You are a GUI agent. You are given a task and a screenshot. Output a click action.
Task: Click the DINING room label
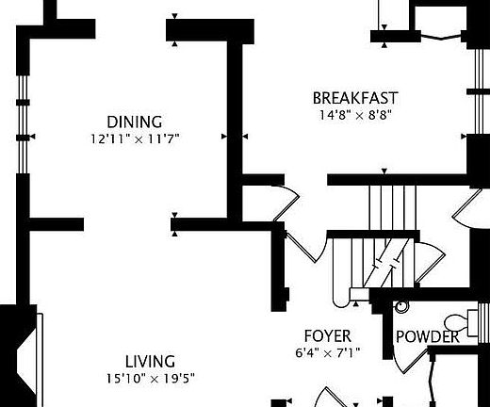(x=135, y=122)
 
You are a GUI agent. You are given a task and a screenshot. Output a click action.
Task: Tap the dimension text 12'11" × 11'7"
(x=135, y=138)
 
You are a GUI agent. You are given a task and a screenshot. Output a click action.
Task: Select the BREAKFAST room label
(x=355, y=98)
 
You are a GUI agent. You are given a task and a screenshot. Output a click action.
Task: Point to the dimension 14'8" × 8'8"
(x=356, y=115)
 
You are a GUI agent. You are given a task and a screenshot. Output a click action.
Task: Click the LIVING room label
(x=150, y=362)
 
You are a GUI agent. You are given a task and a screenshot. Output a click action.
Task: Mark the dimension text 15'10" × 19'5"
(x=151, y=379)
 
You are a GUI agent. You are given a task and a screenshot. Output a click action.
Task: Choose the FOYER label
(x=328, y=336)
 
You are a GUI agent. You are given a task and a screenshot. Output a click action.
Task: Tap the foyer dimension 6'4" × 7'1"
(x=328, y=353)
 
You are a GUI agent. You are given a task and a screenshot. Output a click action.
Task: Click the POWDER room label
(x=428, y=336)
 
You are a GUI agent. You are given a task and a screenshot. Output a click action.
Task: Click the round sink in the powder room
(x=401, y=306)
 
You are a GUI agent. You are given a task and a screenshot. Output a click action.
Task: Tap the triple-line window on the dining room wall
(x=23, y=124)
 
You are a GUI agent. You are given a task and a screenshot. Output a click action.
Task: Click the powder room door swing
(x=411, y=361)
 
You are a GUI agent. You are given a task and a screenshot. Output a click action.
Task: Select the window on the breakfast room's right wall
(x=479, y=91)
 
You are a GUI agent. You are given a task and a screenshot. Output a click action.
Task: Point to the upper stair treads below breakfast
(x=393, y=207)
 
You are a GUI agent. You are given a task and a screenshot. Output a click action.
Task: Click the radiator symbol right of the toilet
(x=483, y=323)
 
